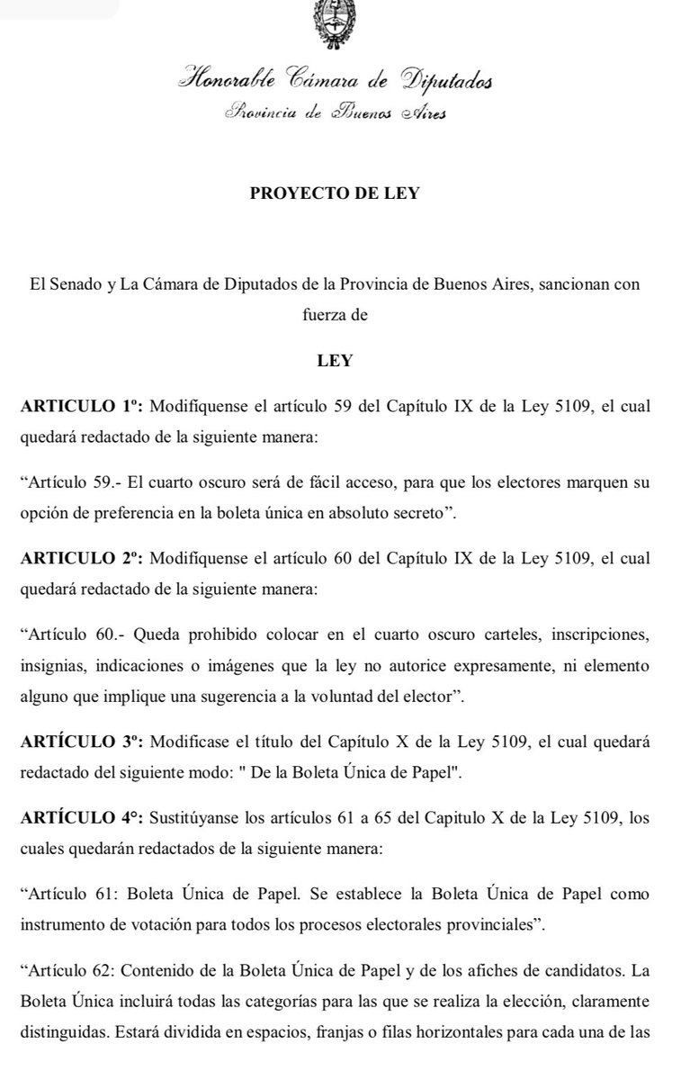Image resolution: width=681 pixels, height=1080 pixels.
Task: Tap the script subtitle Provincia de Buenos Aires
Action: pyautogui.click(x=335, y=113)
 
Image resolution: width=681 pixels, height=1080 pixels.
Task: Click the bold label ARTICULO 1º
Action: pyautogui.click(x=81, y=407)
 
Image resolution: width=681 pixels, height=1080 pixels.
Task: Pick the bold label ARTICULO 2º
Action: pyautogui.click(x=81, y=559)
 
